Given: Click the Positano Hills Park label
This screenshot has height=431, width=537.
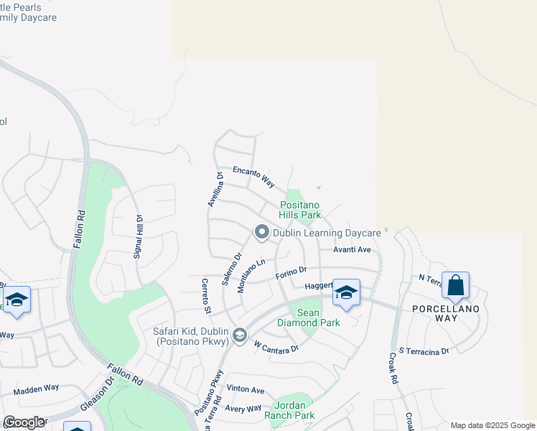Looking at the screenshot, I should [x=300, y=210].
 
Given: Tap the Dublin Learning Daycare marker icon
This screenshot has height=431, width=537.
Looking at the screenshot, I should [x=262, y=232].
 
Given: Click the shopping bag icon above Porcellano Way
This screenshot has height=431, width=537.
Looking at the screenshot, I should [x=455, y=285].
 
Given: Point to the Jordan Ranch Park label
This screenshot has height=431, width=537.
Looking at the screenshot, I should [x=294, y=410].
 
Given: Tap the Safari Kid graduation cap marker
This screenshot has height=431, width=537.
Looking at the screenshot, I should [x=240, y=335].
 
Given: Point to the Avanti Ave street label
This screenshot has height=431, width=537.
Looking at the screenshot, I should [x=351, y=250].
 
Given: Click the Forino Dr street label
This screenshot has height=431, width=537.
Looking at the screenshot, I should [x=291, y=273].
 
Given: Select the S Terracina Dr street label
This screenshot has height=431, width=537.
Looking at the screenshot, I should [x=424, y=351].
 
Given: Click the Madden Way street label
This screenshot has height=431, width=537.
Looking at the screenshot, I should [x=36, y=389].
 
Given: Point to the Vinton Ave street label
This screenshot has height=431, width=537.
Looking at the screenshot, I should [x=246, y=390].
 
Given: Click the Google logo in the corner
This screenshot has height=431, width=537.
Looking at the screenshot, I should [x=23, y=422].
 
